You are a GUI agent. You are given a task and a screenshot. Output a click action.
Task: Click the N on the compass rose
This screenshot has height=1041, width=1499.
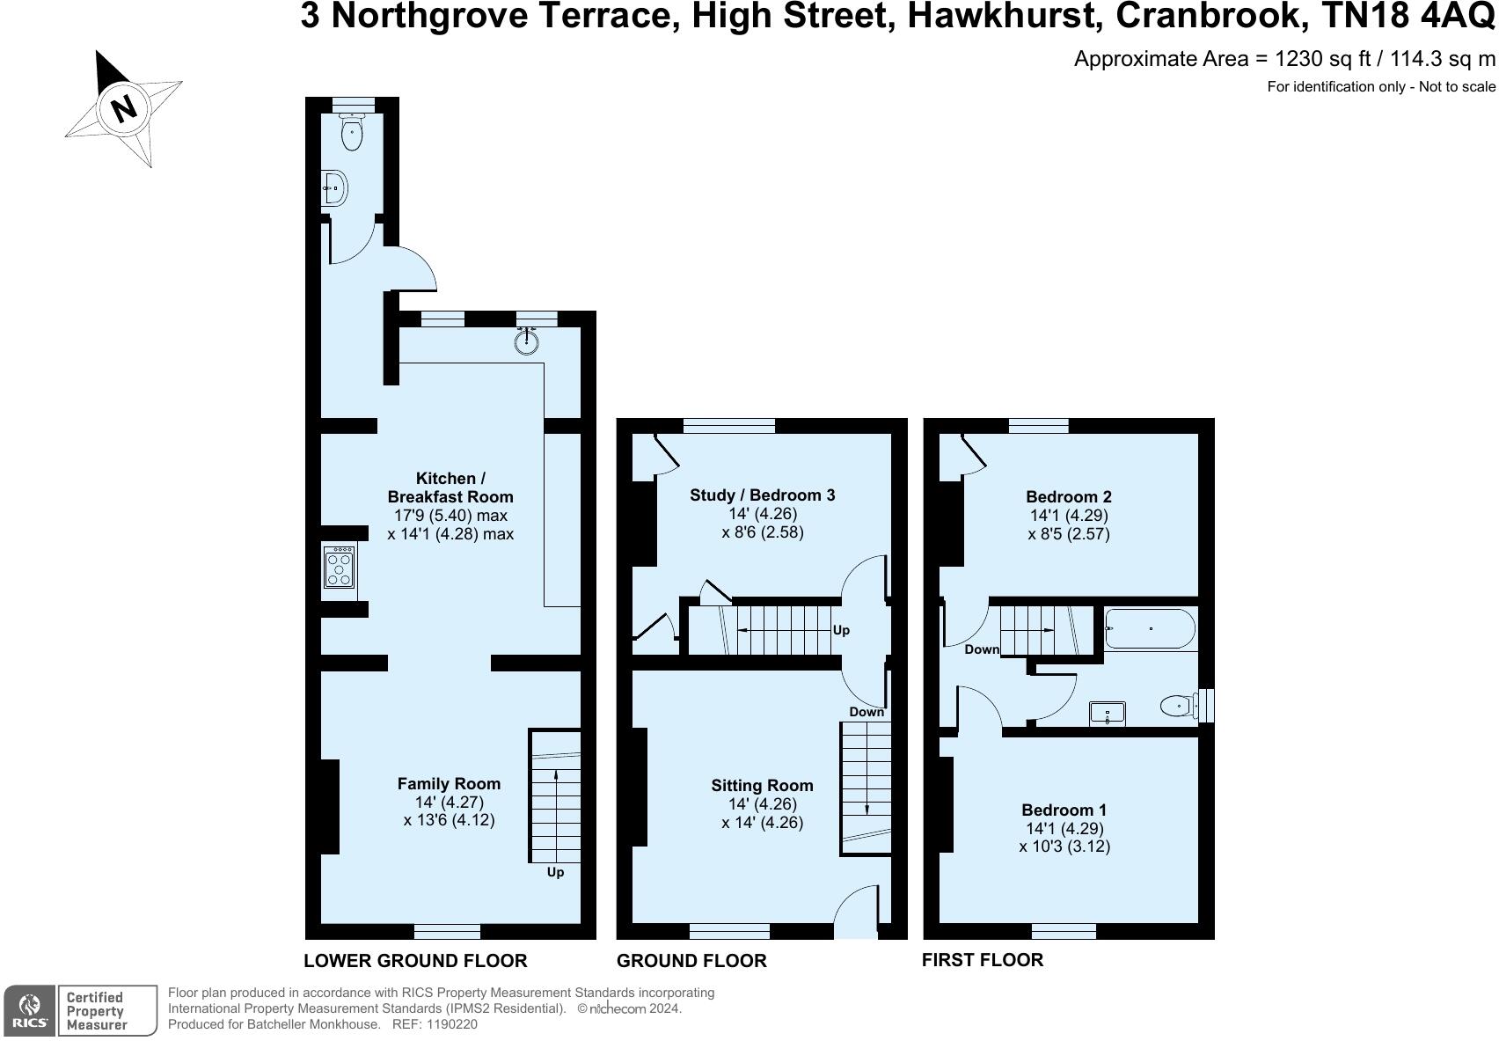point(123,107)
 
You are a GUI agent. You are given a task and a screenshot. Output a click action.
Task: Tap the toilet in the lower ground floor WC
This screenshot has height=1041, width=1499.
point(352,131)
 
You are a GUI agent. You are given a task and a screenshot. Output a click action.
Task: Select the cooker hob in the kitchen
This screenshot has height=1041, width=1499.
point(339,568)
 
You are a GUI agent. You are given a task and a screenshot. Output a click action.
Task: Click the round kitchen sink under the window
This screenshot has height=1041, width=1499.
point(527,341)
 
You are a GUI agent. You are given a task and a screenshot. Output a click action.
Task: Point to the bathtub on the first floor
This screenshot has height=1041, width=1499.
point(1150,628)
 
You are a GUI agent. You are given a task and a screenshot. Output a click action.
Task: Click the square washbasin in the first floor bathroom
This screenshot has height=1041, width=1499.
point(1107,713)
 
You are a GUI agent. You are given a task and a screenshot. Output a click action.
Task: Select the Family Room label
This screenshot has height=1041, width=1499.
point(449,783)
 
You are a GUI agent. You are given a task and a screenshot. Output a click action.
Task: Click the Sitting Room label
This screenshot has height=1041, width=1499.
point(762,785)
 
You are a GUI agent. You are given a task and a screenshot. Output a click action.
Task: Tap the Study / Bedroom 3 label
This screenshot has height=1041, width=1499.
point(762,495)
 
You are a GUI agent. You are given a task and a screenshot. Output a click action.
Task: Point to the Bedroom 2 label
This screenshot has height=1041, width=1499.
point(1069,496)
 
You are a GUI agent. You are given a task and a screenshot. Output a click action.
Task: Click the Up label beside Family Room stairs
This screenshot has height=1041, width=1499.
point(555,872)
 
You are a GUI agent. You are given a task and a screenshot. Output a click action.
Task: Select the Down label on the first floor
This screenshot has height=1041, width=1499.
point(982,649)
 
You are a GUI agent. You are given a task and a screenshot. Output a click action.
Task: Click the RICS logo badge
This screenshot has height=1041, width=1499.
point(29,1011)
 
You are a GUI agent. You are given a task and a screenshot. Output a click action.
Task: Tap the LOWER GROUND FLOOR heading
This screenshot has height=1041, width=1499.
point(415,961)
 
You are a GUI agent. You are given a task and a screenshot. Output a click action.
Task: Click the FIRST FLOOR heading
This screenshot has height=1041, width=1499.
point(983,960)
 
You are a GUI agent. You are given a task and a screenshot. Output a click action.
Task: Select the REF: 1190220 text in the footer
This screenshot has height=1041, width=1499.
point(435,1024)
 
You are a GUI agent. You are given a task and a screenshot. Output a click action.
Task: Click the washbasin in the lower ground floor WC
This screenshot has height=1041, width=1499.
point(335,188)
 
